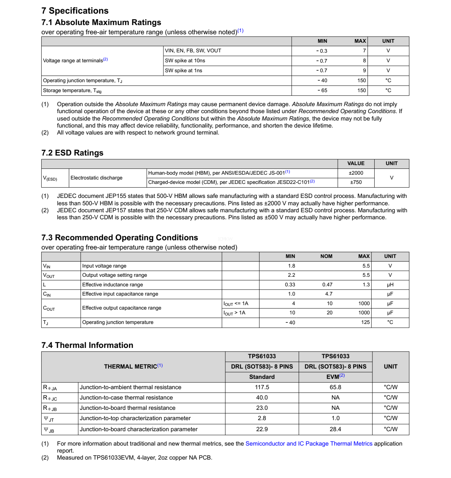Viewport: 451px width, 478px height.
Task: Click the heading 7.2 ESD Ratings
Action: coord(72,153)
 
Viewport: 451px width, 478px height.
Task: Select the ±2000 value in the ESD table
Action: coord(356,173)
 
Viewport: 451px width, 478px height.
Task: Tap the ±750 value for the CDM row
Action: coord(356,182)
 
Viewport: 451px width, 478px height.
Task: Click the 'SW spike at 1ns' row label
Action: coord(184,70)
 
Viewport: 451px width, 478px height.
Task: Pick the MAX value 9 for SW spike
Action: coord(364,70)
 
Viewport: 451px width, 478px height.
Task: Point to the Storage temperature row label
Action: coord(72,91)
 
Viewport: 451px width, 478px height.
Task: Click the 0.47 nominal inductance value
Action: coord(327,285)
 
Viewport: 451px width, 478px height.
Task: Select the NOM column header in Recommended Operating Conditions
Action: coord(326,256)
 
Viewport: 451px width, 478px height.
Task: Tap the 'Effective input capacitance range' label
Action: coord(120,294)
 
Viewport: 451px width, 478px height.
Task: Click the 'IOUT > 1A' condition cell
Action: coord(235,313)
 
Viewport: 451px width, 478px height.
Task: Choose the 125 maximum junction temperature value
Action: coord(365,322)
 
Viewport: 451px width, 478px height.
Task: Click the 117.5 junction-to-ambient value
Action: coord(262,387)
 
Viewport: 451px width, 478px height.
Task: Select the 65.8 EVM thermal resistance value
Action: coord(335,387)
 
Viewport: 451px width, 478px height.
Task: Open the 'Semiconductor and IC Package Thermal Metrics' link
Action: coord(309,444)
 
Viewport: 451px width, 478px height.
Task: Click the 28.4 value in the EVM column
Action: coord(335,429)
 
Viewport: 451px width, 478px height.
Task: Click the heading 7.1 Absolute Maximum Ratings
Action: coord(101,22)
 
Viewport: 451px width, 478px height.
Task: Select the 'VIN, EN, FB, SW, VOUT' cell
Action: coord(193,50)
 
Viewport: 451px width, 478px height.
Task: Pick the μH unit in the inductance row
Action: coord(390,285)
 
